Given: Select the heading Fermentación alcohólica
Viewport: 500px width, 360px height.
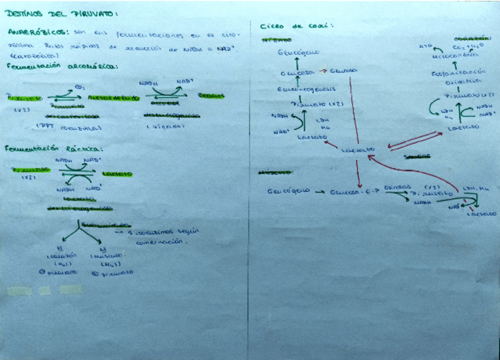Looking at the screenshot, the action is [61, 67].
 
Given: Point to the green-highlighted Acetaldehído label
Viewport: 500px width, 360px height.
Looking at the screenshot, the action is [113, 98].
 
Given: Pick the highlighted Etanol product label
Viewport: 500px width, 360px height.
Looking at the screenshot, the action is [210, 95].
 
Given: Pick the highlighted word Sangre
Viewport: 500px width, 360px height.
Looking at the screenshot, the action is [416, 157].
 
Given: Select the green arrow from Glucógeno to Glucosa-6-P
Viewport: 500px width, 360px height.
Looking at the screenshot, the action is [320, 192].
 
